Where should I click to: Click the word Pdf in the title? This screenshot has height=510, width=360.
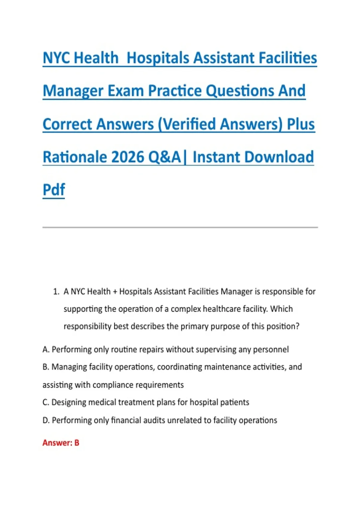(x=54, y=189)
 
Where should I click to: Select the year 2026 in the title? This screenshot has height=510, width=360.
(x=128, y=157)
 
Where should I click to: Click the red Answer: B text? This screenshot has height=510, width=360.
(x=61, y=443)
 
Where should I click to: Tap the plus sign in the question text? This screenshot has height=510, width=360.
(x=115, y=292)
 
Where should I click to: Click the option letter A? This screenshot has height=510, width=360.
(x=46, y=349)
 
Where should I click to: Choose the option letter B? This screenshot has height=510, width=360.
(x=46, y=367)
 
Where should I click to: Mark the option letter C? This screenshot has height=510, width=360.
(x=46, y=402)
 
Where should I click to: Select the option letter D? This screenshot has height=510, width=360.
(x=46, y=420)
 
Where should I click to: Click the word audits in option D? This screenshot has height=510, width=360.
(x=154, y=420)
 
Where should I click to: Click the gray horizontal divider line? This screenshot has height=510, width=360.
(x=180, y=227)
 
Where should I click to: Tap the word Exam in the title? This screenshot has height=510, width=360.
(x=125, y=91)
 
